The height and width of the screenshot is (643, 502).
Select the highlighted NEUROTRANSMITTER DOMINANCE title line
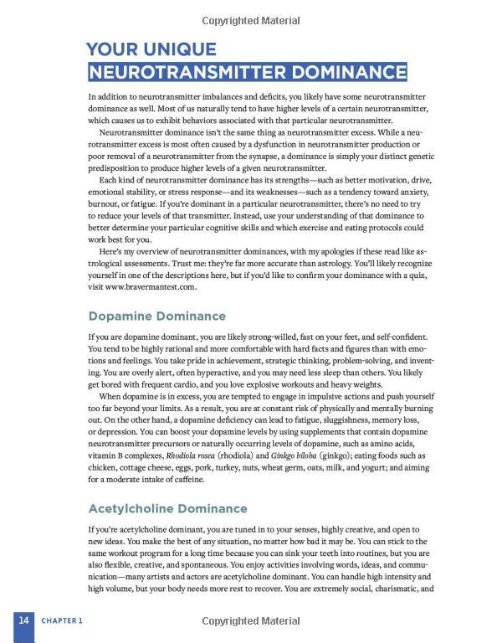coord(248,71)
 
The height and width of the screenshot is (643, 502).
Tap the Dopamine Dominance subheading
coord(157,316)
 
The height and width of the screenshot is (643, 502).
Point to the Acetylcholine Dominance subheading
coord(167,508)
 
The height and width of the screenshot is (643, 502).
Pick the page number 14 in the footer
coord(24,620)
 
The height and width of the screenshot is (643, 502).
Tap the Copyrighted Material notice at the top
coord(250,20)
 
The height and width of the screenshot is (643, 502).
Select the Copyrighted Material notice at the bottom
coord(250,621)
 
